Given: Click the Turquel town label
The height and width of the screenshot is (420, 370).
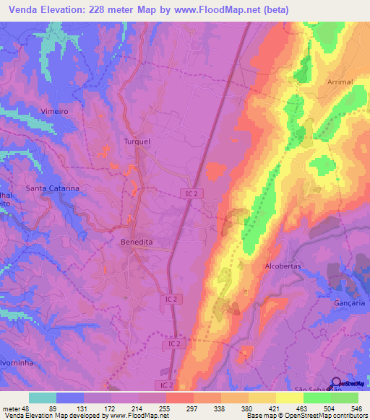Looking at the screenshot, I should click(137, 141).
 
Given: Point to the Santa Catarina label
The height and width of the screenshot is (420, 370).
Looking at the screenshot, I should click(53, 188).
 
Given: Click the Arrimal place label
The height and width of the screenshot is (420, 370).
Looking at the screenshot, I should click(340, 82).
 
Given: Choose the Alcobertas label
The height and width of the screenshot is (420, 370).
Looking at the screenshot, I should click(284, 266).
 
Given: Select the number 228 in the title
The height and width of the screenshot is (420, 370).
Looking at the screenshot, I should click(105, 9).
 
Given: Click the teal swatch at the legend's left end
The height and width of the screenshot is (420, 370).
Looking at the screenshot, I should click(43, 398).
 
